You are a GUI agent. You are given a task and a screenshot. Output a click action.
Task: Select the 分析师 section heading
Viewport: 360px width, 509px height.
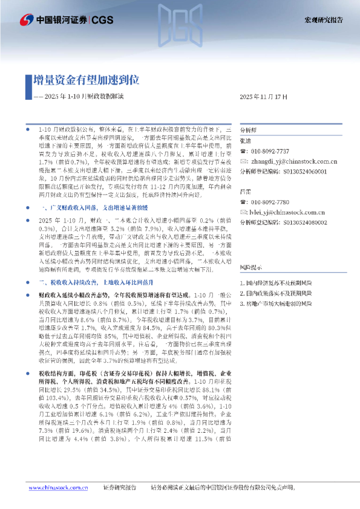[248, 130]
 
